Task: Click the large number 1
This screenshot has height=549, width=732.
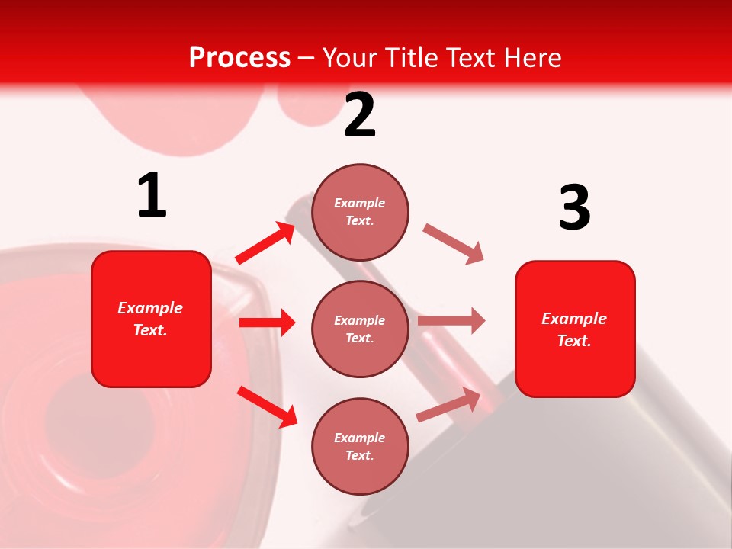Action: [x=152, y=195]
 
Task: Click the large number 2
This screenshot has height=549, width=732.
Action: [x=360, y=115]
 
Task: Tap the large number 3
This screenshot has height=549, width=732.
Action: [x=574, y=207]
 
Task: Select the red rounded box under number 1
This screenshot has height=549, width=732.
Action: [x=151, y=319]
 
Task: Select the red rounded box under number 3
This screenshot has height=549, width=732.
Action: [x=575, y=329]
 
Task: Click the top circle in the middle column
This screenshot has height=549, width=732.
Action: [x=360, y=212]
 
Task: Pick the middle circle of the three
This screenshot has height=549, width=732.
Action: [x=360, y=329]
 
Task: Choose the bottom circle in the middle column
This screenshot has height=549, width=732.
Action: [x=360, y=446]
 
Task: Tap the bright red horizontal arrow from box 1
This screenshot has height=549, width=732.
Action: [x=267, y=323]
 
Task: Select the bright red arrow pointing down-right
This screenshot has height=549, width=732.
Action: [x=267, y=406]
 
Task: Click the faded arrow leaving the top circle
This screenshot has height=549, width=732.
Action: [x=453, y=244]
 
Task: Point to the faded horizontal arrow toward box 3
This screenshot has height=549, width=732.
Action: [x=451, y=320]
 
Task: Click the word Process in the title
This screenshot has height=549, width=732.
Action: [x=239, y=57]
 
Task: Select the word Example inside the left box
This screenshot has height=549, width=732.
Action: [x=150, y=308]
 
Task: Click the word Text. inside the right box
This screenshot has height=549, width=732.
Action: [x=574, y=341]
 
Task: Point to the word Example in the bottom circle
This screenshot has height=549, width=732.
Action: [x=360, y=438]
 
